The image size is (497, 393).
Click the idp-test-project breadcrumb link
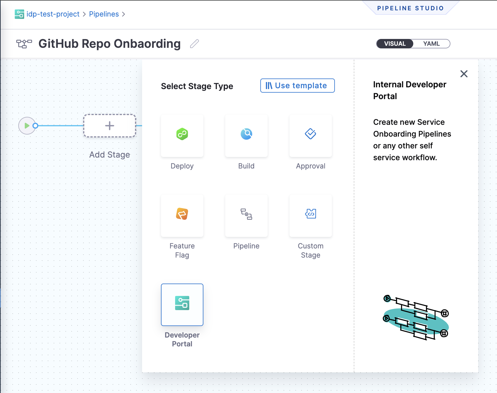click(x=53, y=14)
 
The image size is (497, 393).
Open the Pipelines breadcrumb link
click(x=104, y=14)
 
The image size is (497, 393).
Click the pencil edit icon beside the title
click(x=195, y=44)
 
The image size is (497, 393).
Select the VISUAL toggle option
click(x=395, y=44)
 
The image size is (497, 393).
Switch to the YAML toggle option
click(x=431, y=44)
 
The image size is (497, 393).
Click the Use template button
click(x=297, y=86)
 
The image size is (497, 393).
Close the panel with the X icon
click(x=464, y=74)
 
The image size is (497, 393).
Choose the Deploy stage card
click(x=182, y=136)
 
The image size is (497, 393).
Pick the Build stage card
click(x=246, y=136)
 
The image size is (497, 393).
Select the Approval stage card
click(x=311, y=136)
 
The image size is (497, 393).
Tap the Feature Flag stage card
click(x=182, y=216)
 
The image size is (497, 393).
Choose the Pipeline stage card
click(x=246, y=216)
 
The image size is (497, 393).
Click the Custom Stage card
click(x=311, y=216)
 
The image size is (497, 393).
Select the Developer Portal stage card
click(x=182, y=305)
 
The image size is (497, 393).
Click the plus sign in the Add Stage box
click(x=110, y=126)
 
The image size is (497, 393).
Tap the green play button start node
click(x=27, y=126)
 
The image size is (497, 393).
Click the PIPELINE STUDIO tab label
click(x=410, y=8)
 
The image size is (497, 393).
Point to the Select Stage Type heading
click(x=197, y=86)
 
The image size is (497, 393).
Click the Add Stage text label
click(x=110, y=155)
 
